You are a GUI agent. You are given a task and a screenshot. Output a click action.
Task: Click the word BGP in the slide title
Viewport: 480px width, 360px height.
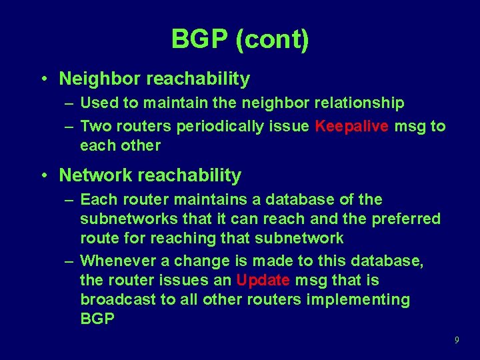tap(199, 39)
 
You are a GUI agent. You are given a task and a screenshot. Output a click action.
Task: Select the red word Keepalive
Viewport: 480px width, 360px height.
tap(352, 126)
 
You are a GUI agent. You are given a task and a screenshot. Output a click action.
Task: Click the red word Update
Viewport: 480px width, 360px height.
tap(263, 280)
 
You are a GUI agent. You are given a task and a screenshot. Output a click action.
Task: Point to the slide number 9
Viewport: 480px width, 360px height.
tap(457, 340)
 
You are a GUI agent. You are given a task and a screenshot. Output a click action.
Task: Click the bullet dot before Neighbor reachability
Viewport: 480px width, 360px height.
tap(43, 79)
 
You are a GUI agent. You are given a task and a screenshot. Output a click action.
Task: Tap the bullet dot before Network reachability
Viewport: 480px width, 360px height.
tap(43, 176)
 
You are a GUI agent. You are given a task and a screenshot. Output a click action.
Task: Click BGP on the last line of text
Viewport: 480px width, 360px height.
tap(98, 319)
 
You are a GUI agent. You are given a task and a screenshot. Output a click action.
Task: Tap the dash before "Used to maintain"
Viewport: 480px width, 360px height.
tap(70, 103)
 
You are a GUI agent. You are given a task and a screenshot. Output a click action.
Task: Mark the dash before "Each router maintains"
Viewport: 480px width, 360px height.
tap(70, 200)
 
